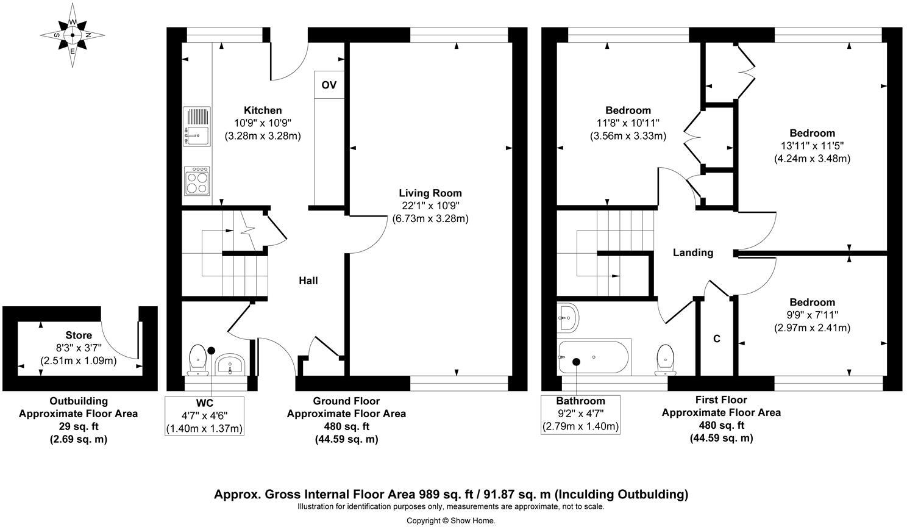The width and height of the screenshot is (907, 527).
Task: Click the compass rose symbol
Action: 73,35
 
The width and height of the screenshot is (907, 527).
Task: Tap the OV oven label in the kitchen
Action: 329,85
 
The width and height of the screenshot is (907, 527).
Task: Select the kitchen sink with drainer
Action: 197,126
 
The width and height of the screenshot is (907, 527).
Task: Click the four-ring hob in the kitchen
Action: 197,181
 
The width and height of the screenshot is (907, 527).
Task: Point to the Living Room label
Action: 430,193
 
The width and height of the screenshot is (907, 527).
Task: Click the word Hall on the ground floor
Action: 308,281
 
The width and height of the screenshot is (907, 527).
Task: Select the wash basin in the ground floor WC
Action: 230,364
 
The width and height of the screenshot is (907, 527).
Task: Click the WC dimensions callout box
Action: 204,416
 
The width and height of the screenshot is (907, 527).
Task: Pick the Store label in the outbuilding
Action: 79,335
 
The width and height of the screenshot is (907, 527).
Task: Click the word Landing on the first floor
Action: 693,253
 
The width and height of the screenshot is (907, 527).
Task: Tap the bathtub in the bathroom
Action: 594,357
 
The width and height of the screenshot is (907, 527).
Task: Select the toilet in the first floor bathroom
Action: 665,360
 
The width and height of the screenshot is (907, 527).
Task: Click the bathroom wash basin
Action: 568,318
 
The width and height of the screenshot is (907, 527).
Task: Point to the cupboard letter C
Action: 717,339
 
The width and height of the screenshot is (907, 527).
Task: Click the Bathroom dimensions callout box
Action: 580,415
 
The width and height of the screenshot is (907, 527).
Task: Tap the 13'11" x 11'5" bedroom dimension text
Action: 812,146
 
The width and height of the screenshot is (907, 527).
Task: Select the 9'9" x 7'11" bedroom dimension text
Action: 812,315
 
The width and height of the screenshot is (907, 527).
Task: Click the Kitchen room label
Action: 262,110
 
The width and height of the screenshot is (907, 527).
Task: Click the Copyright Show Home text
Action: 451,521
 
